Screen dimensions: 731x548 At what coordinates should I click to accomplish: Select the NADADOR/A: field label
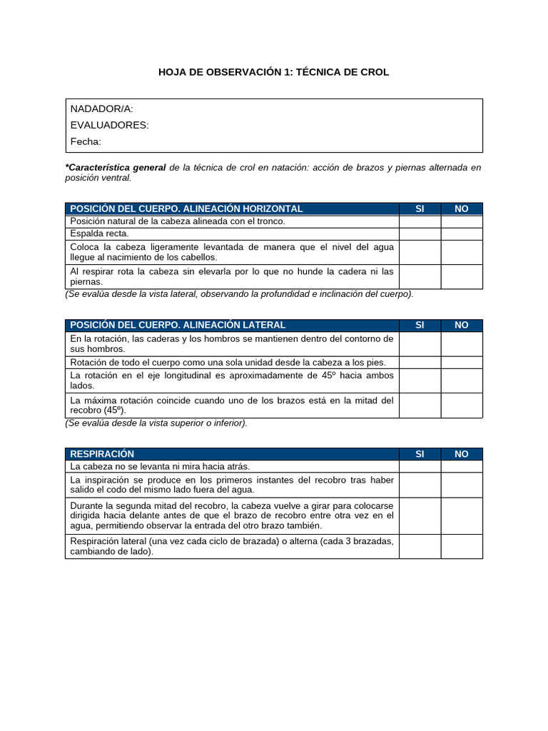[101, 109]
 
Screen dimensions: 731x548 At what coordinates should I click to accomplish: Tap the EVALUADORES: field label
[109, 125]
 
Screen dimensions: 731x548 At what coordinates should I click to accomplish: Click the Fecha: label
[86, 141]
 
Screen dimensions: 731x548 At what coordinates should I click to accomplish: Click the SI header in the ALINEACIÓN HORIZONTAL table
[420, 208]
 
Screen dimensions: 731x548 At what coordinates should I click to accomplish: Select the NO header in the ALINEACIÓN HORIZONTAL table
[462, 208]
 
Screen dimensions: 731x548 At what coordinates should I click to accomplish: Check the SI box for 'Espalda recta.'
[420, 233]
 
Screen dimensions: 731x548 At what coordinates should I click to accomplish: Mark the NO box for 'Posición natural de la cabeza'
[462, 221]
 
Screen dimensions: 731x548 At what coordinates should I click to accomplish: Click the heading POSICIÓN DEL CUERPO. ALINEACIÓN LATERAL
[178, 325]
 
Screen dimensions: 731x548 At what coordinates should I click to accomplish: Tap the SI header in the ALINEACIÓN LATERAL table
[420, 325]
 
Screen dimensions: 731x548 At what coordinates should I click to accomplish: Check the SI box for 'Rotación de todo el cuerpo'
[420, 363]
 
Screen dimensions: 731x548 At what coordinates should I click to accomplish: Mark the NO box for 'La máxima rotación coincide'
[462, 405]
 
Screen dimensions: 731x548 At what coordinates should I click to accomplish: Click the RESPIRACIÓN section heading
[102, 454]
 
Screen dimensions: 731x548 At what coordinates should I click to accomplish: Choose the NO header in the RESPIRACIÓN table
[462, 454]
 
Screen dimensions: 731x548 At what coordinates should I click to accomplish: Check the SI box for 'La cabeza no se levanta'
[420, 466]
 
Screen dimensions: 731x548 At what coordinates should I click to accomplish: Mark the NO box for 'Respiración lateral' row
[462, 546]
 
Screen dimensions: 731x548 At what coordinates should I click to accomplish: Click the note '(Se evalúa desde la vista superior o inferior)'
[156, 423]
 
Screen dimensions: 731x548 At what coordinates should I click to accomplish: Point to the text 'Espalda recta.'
[99, 233]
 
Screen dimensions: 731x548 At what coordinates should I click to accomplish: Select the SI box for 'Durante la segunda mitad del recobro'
[420, 515]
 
